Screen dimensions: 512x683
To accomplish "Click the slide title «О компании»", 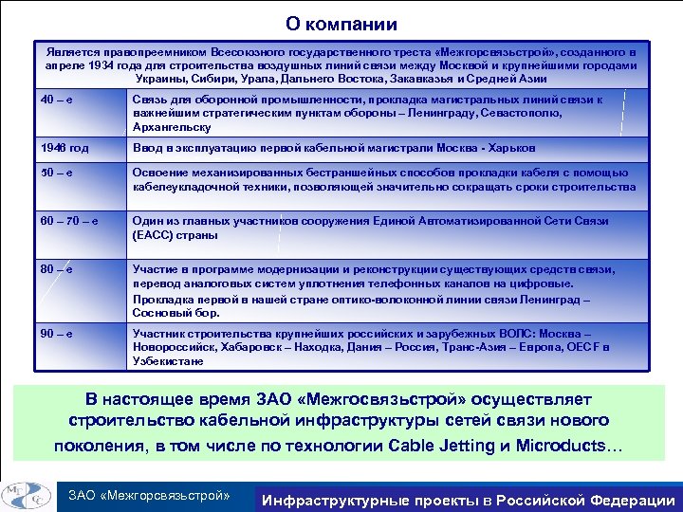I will click(x=341, y=25).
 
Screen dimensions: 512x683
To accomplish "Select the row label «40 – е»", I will click(x=56, y=100).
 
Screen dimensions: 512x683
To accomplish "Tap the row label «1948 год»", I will click(x=65, y=149).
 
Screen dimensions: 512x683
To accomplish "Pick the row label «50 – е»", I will click(x=56, y=173).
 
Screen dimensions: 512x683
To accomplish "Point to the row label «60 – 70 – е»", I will click(x=69, y=221).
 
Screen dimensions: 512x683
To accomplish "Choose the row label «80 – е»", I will click(x=56, y=269).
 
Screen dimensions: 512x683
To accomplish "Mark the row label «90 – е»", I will click(x=56, y=334).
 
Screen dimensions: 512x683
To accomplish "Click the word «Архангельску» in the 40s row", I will click(x=171, y=127).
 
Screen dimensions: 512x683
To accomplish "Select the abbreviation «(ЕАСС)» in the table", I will click(x=154, y=235).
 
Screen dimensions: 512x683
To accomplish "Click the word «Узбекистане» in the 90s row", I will click(x=168, y=361).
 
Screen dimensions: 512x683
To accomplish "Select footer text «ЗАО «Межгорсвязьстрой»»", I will click(x=149, y=495).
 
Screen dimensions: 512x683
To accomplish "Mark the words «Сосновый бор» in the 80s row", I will click(x=175, y=312).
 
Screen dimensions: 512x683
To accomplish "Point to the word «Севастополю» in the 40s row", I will click(x=522, y=114).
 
